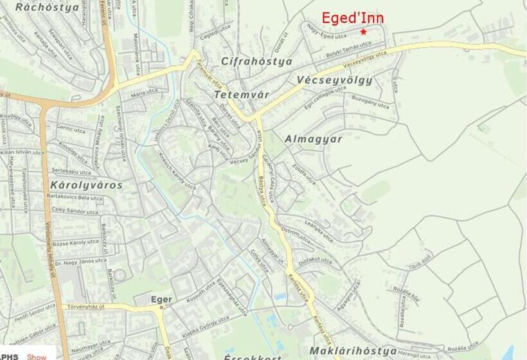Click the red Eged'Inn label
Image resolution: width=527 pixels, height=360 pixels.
pos(352,18)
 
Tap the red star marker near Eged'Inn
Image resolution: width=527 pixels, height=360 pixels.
pos(363,32)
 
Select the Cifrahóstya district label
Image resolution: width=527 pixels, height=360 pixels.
pos(256,62)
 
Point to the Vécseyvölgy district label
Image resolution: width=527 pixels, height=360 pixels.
pos(335,80)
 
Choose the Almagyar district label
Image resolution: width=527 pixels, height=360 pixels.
pos(313,139)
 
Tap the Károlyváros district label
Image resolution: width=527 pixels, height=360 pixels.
pos(85,185)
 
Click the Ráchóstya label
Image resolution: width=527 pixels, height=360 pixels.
pos(47,8)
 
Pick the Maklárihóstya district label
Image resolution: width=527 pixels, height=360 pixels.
pos(352,351)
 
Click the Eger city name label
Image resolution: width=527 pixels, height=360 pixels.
pos(161,300)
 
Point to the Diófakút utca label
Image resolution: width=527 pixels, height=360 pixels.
pos(316,260)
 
